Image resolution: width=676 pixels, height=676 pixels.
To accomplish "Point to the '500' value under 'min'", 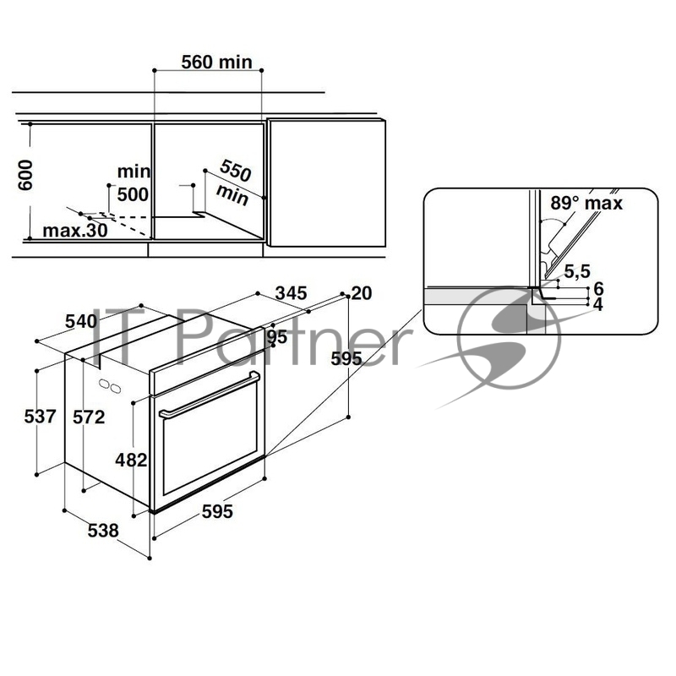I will click(133, 194).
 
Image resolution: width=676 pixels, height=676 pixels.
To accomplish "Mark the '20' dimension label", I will click(362, 293).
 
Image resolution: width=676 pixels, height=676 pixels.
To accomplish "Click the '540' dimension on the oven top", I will click(82, 321).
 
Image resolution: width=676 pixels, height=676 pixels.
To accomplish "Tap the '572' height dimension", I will click(89, 417).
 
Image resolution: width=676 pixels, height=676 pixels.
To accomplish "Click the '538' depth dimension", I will click(102, 530).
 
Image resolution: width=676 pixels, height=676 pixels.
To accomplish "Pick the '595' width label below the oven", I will click(215, 511).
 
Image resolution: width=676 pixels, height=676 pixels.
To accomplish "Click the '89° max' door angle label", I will click(586, 203).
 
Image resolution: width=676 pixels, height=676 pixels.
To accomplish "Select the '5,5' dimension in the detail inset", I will click(576, 271).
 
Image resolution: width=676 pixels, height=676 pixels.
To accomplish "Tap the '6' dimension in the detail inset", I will click(598, 288).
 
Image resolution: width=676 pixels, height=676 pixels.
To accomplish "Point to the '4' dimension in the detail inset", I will click(598, 304).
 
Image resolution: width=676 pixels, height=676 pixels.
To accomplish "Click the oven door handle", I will click(208, 395).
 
